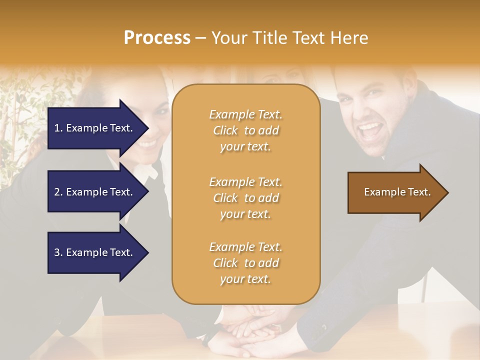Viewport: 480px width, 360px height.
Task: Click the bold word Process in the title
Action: point(157,37)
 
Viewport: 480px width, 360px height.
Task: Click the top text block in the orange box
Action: point(245,130)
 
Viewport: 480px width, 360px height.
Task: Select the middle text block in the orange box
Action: point(245,197)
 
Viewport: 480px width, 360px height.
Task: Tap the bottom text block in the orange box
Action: point(245,263)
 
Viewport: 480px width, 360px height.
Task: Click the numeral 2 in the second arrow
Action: point(57,192)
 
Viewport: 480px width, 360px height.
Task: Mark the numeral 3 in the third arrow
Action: point(57,252)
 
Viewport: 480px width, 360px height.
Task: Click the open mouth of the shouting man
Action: point(370,131)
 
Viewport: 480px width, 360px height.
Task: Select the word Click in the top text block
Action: point(225,130)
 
